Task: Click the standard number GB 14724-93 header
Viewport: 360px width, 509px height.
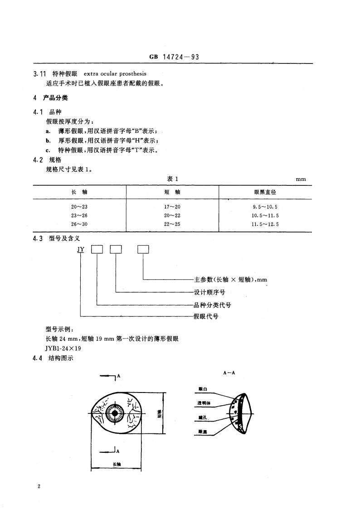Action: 175,58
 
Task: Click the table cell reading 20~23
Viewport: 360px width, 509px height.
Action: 79,207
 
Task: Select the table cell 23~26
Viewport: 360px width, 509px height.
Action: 79,215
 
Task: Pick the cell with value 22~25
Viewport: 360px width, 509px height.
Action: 172,224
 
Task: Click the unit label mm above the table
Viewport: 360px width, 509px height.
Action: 301,179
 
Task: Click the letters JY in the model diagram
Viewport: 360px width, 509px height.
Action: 81,249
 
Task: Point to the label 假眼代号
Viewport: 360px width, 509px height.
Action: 206,316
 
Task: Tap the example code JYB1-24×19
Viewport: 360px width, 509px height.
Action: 62,349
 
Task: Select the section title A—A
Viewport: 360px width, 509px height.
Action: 229,372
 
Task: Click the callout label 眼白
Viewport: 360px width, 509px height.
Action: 203,388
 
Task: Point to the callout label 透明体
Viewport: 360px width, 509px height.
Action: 204,402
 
